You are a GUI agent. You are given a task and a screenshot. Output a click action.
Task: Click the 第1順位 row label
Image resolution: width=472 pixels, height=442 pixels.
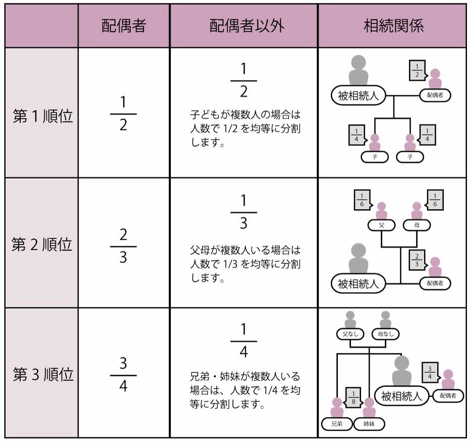(43, 117)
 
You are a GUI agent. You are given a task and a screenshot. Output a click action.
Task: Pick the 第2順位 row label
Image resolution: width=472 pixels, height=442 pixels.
(43, 245)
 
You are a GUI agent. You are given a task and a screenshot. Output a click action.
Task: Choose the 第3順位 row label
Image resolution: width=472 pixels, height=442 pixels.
(43, 374)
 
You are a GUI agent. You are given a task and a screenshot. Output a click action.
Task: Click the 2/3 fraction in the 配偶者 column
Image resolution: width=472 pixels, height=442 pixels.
(124, 246)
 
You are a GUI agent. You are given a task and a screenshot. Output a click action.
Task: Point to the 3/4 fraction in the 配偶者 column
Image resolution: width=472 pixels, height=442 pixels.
(124, 375)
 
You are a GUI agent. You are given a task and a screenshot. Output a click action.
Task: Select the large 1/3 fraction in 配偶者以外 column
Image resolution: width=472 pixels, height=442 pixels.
(244, 212)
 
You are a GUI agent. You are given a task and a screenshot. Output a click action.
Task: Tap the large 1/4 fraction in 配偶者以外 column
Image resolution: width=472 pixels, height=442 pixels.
(244, 342)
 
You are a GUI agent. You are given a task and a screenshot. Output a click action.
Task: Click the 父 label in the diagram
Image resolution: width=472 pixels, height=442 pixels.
(382, 225)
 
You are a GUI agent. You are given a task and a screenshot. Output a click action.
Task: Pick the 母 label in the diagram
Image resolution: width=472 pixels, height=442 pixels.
(417, 225)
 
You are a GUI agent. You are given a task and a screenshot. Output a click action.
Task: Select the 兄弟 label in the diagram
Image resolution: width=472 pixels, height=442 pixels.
(337, 424)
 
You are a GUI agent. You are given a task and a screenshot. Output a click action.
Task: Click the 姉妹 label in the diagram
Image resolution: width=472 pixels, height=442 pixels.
(369, 424)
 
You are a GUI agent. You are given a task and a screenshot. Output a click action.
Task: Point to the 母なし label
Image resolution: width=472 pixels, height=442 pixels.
(385, 334)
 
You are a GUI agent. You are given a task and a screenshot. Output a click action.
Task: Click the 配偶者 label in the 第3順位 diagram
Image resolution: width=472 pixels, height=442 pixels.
(448, 396)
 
